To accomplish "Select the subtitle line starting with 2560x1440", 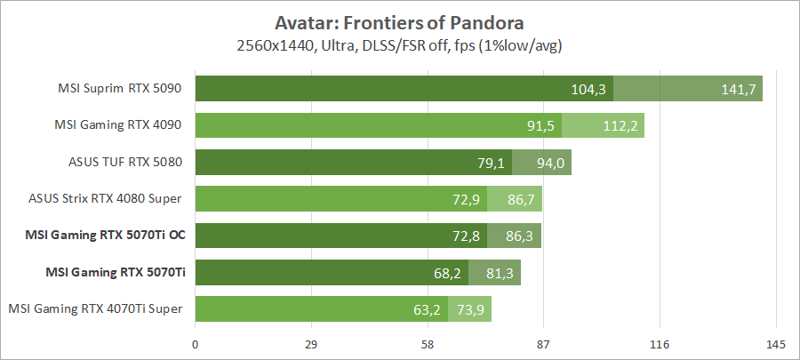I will [x=400, y=43].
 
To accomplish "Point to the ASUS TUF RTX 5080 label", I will [x=125, y=162].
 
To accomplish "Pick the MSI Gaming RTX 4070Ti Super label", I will [x=96, y=308].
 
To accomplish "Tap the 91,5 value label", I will [x=540, y=125].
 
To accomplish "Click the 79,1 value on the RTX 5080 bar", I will [x=491, y=163].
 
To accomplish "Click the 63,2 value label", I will [x=428, y=309].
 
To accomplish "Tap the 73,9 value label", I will [x=471, y=309].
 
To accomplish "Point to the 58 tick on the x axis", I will [x=428, y=344].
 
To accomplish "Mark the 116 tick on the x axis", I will [x=660, y=344].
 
